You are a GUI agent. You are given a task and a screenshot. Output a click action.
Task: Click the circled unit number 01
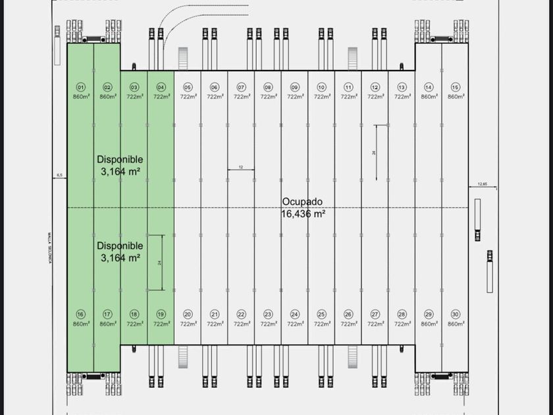(80, 87)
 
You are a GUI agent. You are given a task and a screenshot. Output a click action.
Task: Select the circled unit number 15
(455, 87)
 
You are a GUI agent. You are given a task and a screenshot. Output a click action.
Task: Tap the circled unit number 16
(80, 314)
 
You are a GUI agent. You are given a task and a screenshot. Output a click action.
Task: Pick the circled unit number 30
(455, 314)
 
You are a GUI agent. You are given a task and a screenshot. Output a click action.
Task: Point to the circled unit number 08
(268, 87)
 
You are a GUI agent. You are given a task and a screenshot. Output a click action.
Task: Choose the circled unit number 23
(268, 314)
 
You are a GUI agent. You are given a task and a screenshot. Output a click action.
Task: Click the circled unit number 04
(161, 87)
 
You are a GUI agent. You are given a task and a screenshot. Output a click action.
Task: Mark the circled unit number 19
(161, 314)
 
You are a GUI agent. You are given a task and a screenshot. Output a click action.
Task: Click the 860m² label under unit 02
(107, 97)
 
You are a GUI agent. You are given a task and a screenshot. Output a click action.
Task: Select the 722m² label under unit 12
(375, 97)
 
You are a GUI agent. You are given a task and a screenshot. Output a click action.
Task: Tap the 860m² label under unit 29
(429, 323)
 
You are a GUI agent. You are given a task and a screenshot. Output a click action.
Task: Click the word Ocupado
(302, 202)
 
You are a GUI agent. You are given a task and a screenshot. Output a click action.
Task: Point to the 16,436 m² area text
(303, 213)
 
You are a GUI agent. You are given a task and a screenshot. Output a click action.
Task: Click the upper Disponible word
(120, 159)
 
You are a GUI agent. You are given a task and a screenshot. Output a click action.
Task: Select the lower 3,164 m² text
(120, 258)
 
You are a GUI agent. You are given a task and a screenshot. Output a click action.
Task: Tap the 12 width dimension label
(241, 167)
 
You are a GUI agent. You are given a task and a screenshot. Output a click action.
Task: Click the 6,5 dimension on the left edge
(59, 175)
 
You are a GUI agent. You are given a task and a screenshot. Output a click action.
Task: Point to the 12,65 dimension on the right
(483, 184)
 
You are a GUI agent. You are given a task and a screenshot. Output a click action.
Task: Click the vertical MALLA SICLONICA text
(49, 248)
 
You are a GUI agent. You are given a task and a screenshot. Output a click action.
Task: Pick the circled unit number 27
(375, 314)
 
